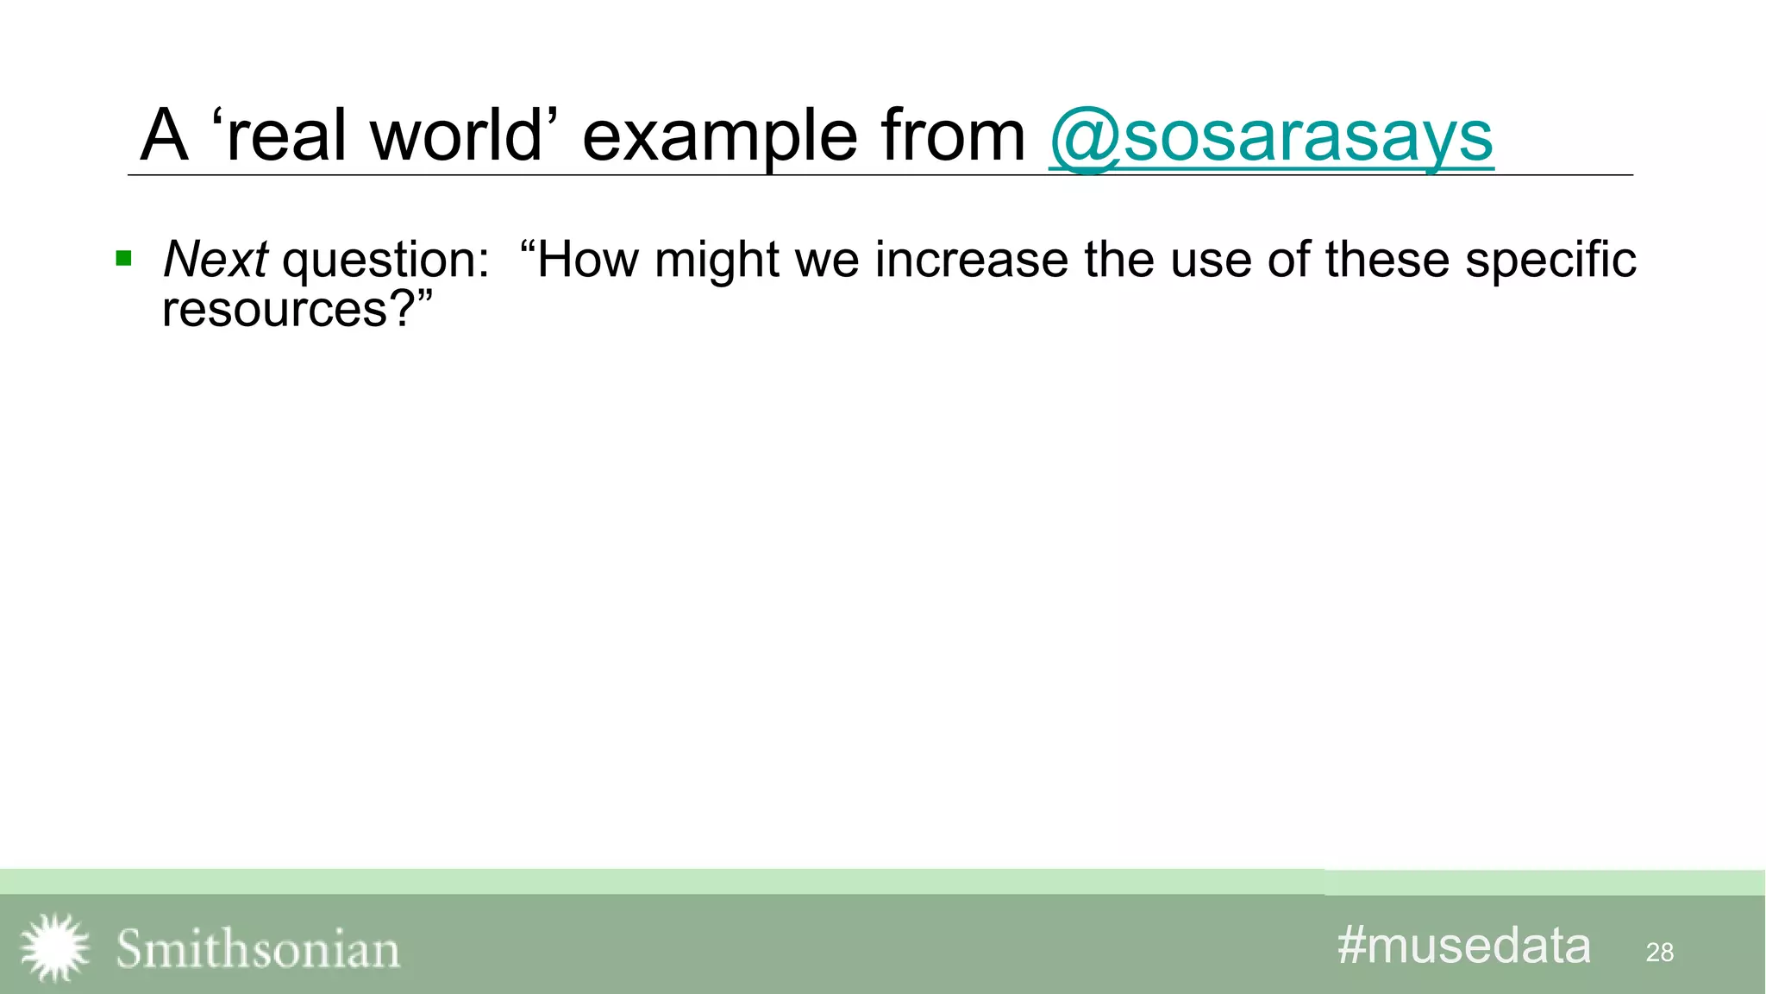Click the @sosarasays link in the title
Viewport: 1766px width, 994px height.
point(1271,136)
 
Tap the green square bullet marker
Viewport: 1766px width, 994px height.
point(124,258)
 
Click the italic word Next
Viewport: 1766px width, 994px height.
point(216,259)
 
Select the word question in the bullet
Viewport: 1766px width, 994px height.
point(385,261)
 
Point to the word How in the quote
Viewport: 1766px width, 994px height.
point(588,259)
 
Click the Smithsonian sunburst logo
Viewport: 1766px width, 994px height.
point(54,947)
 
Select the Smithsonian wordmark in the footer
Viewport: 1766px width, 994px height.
point(258,949)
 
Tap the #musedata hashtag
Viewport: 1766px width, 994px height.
point(1463,946)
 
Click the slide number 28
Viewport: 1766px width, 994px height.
point(1659,953)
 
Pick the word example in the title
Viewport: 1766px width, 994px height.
point(719,138)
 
